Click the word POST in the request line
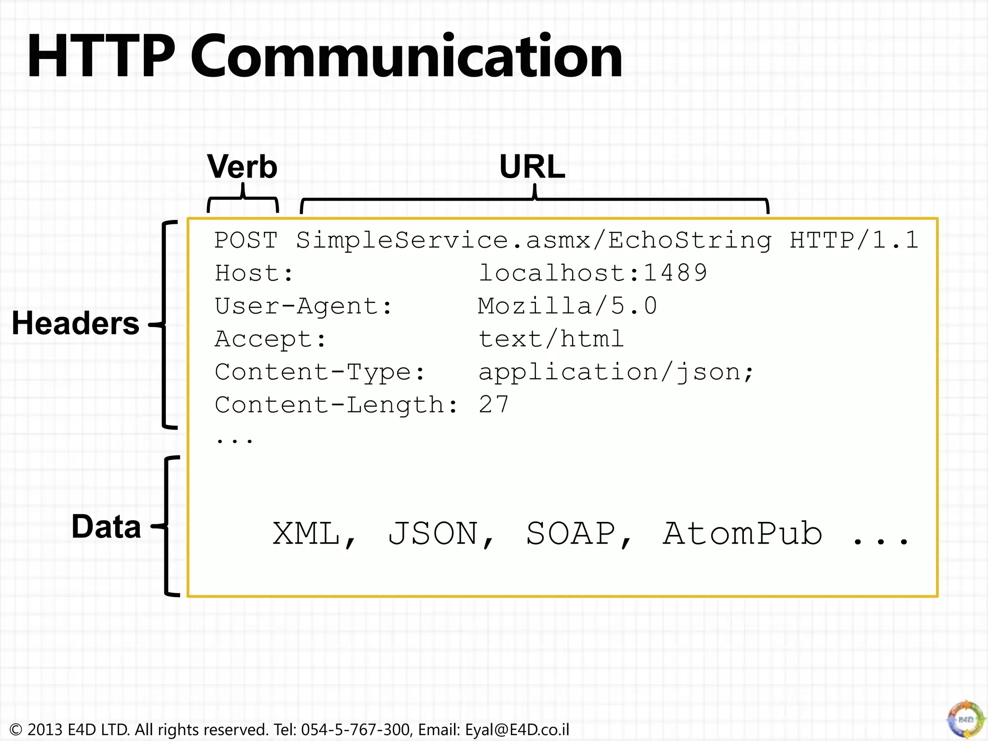click(246, 240)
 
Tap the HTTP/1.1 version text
click(853, 240)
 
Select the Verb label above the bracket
click(242, 167)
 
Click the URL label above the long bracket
click(532, 167)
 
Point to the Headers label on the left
click(76, 323)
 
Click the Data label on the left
click(106, 526)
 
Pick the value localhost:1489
click(592, 273)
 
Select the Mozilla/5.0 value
click(567, 306)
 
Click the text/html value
click(551, 339)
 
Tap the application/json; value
click(616, 372)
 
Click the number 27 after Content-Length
click(494, 404)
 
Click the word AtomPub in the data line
click(742, 534)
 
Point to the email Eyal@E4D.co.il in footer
click(517, 729)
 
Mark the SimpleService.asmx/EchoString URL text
click(534, 240)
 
